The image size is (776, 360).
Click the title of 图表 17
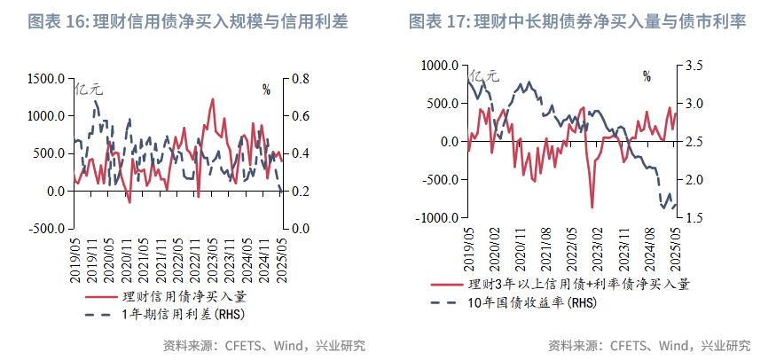[576, 22]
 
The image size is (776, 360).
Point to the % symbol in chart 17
[647, 76]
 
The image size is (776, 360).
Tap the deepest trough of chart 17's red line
[592, 207]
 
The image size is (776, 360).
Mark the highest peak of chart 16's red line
[212, 99]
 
